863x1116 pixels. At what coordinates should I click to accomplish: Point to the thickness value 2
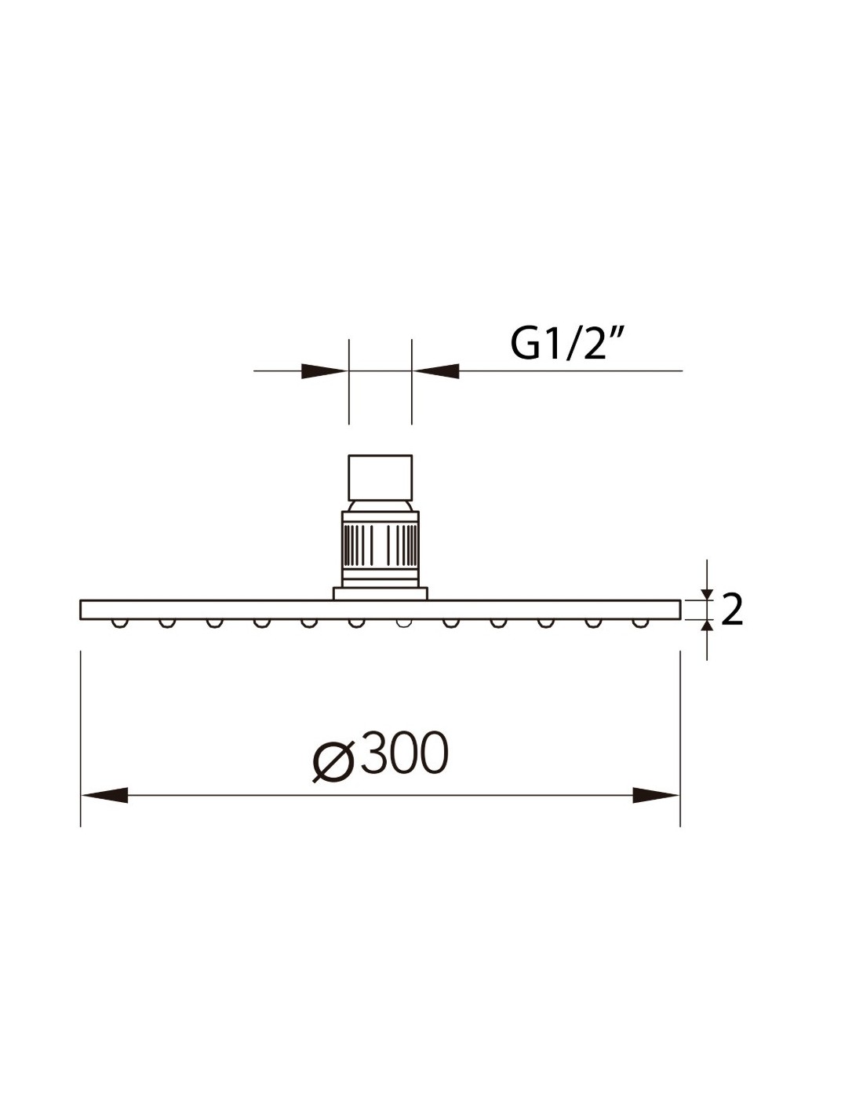click(x=731, y=610)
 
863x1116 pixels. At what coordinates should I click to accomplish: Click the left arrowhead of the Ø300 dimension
click(x=104, y=795)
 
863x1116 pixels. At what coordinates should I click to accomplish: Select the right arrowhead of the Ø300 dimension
click(x=656, y=795)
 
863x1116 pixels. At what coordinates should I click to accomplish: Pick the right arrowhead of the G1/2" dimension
click(x=436, y=370)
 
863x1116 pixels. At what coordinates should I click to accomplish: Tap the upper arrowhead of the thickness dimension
click(x=707, y=593)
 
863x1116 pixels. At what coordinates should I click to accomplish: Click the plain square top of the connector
click(x=380, y=477)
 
